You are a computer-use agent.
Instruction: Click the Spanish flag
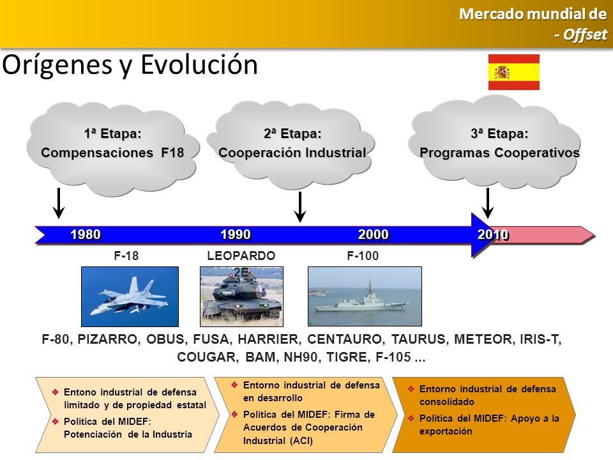[513, 72]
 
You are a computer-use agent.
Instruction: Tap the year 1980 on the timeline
[86, 234]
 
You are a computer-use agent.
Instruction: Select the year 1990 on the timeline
[236, 234]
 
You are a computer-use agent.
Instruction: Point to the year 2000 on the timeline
[374, 234]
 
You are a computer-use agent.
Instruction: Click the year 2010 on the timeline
[493, 234]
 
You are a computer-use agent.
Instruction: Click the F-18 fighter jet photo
[130, 296]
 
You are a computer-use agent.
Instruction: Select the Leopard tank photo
[241, 296]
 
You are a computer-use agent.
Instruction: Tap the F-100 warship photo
[365, 296]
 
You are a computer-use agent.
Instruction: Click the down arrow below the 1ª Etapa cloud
[59, 203]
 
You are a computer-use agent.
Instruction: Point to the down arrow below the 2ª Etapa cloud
[300, 207]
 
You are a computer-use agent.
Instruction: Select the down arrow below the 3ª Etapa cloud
[487, 203]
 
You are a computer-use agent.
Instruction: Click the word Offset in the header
[586, 34]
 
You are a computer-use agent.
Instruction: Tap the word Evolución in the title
[199, 65]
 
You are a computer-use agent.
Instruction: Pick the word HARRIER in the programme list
[269, 339]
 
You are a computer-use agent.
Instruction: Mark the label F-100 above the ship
[363, 256]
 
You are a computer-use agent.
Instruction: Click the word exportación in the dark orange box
[446, 431]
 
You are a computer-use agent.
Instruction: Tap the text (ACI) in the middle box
[301, 441]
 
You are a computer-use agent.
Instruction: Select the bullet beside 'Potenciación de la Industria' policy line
[55, 421]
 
